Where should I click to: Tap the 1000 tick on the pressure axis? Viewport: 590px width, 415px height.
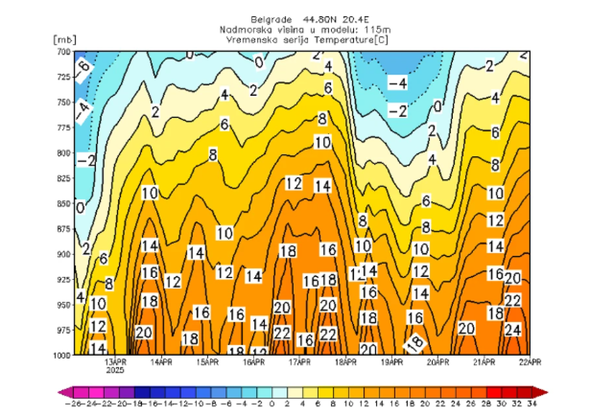coord(62,354)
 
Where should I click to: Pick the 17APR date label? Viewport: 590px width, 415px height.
coord(299,362)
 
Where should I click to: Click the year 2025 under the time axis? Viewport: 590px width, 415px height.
coord(115,370)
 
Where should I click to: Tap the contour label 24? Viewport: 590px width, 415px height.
coord(513,331)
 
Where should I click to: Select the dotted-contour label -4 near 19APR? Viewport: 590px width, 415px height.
coord(397,83)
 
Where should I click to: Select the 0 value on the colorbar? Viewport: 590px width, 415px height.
coord(273,404)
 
